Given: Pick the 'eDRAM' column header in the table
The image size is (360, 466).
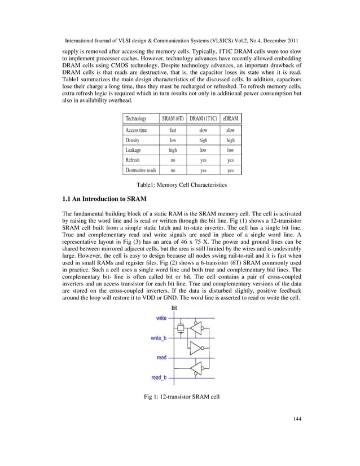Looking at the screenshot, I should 230,118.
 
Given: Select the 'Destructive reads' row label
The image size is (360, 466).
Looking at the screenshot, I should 141,170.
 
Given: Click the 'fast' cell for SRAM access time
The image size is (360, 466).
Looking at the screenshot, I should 173,130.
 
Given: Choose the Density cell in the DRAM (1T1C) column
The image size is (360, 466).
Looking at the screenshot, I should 203,140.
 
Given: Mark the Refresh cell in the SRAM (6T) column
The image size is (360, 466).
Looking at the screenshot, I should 173,160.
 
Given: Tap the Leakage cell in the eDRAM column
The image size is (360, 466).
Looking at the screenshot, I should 230,150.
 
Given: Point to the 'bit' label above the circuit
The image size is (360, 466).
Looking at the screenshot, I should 174,309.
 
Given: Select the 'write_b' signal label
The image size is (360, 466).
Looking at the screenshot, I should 159,338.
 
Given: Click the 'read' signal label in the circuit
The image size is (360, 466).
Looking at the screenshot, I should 161,358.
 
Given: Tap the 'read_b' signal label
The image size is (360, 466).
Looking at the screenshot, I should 159,377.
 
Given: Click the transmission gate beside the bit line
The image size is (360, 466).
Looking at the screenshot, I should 180,328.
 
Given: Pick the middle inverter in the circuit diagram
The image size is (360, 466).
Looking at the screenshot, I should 196,348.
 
